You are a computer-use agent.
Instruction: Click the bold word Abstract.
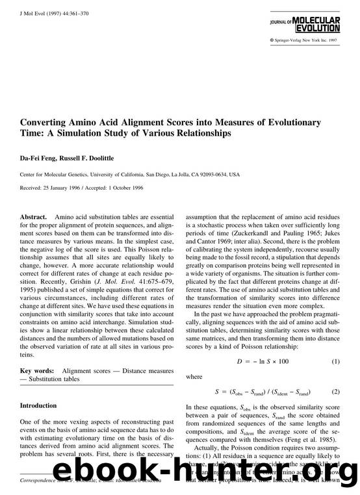click(x=34, y=214)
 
